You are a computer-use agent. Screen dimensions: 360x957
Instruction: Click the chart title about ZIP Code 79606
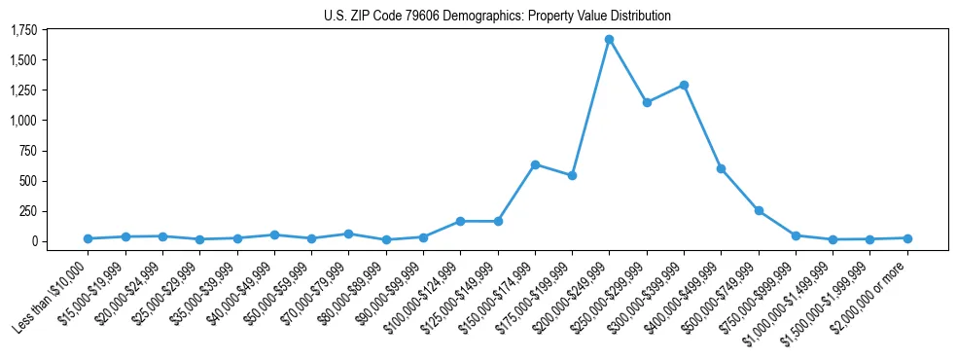pos(497,17)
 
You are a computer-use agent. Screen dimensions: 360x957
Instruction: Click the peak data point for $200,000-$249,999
pos(609,40)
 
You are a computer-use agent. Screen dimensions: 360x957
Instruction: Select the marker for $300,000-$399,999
pos(684,85)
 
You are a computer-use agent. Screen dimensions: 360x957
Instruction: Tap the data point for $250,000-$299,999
pos(647,102)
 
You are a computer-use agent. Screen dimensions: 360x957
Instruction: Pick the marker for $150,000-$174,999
pos(535,164)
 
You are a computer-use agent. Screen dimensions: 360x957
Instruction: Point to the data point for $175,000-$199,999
pos(572,175)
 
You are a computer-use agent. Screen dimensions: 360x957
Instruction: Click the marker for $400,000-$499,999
pos(721,168)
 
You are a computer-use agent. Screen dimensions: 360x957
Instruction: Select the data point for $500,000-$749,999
pos(759,210)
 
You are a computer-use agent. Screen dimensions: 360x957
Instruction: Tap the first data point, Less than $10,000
pos(88,238)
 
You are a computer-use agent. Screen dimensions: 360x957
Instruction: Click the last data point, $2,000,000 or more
pos(907,238)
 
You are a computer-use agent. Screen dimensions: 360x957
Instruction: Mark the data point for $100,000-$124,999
pos(460,221)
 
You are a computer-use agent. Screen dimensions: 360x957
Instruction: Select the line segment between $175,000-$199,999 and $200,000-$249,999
pos(590,107)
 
